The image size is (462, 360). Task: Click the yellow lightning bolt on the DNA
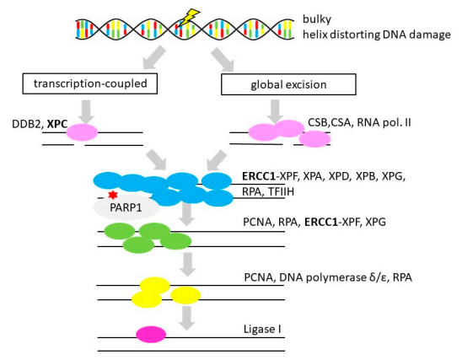[x=188, y=17]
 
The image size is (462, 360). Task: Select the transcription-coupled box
[x=90, y=83]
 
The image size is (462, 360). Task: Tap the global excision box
[x=288, y=84]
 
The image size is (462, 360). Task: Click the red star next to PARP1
[x=113, y=195]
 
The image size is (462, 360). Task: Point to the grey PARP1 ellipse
[x=126, y=207]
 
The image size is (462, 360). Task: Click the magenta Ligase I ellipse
[x=151, y=335]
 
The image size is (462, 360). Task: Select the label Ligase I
[x=262, y=329]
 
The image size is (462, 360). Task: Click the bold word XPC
[x=57, y=124]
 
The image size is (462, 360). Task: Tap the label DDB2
[x=28, y=124]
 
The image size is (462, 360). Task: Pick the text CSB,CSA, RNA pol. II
[x=359, y=122]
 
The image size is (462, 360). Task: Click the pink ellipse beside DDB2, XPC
[x=82, y=132]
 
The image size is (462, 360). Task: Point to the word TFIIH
[x=281, y=192]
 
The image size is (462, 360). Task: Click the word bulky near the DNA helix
[x=317, y=19]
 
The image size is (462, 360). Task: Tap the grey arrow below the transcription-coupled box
[x=86, y=111]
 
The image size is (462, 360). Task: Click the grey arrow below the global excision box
[x=275, y=111]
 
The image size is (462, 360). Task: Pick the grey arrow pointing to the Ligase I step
[x=187, y=318]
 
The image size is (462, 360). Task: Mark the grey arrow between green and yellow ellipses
[x=187, y=265]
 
